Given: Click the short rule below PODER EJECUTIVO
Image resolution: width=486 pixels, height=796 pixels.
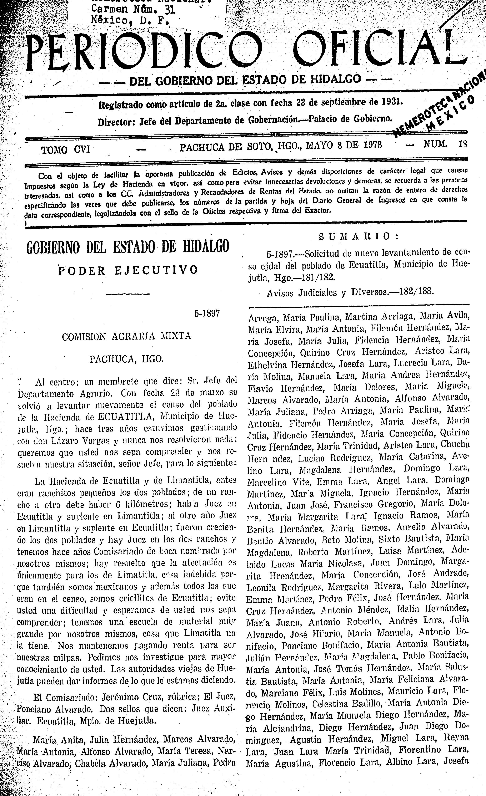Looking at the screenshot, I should pyautogui.click(x=128, y=294).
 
